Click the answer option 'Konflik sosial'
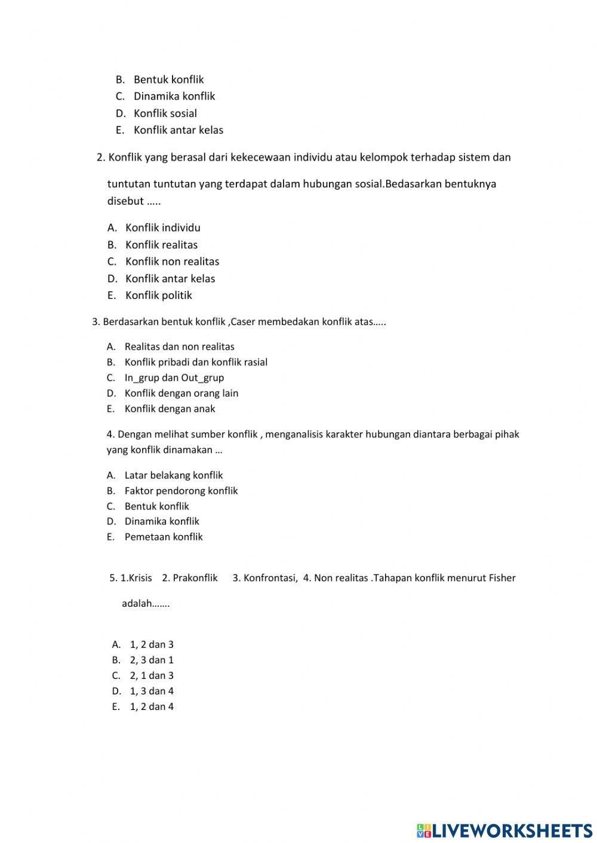(165, 113)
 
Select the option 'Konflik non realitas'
(172, 261)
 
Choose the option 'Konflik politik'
(158, 295)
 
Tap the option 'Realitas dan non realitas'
(179, 347)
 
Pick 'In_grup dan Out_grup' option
(174, 378)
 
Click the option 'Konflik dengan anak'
(170, 409)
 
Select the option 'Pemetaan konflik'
(163, 537)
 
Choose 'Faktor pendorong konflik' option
(181, 491)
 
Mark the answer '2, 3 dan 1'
(152, 660)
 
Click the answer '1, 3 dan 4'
(152, 691)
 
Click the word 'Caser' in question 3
(243, 322)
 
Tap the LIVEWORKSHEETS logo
(504, 830)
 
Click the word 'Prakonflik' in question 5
(195, 578)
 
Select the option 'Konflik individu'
(162, 227)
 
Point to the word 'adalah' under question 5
(137, 603)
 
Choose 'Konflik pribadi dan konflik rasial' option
(196, 362)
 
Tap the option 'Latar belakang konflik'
(173, 475)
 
